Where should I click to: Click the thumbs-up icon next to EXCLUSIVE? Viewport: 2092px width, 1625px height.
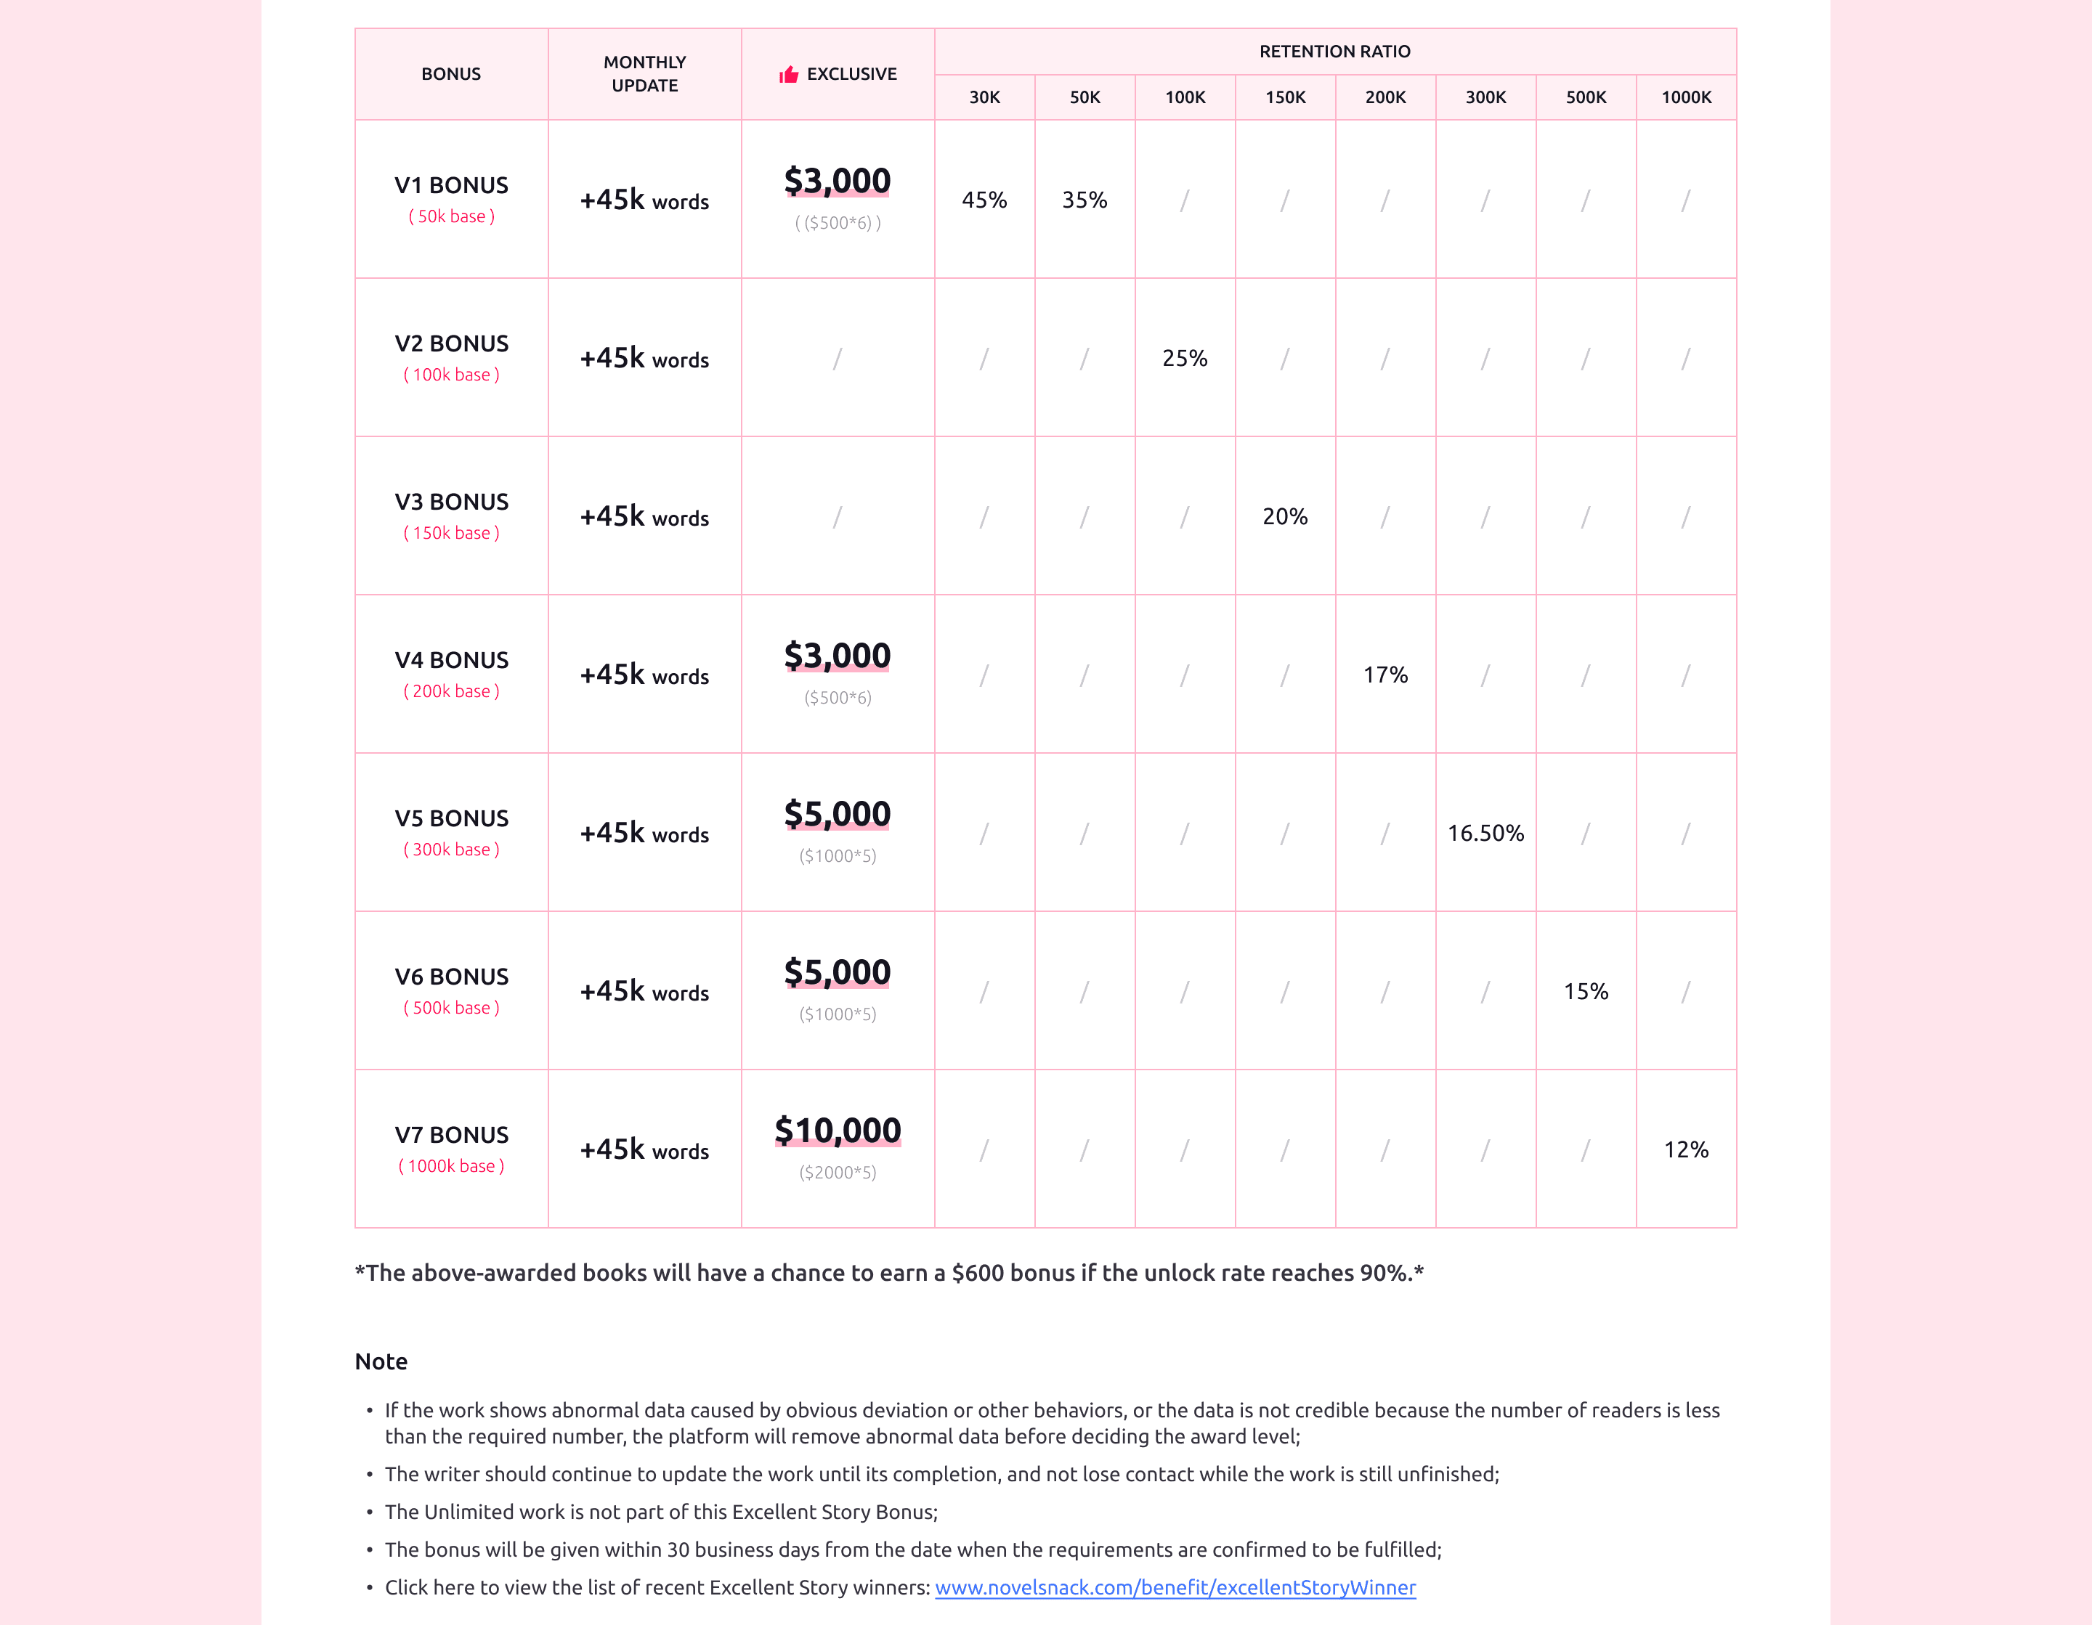tap(788, 75)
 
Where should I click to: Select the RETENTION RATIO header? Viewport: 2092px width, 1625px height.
tap(1334, 52)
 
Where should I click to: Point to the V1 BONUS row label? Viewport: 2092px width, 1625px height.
tap(451, 186)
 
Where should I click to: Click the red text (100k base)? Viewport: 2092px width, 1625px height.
tap(451, 375)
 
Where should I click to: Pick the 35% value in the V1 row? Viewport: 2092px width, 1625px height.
tap(1084, 200)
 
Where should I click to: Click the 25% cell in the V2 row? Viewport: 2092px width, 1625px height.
tap(1185, 358)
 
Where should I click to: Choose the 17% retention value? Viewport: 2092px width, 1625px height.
tap(1385, 675)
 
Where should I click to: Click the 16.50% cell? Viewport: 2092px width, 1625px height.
tap(1485, 833)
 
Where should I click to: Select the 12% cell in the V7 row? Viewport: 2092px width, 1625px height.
tap(1686, 1150)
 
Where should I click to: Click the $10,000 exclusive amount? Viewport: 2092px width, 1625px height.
tap(838, 1131)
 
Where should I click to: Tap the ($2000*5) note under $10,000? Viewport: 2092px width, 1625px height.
tap(838, 1173)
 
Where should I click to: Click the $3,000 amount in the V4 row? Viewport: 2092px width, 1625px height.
tap(838, 656)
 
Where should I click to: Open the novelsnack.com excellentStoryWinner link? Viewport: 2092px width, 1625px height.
tap(1175, 1588)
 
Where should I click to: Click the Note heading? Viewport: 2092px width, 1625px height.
tap(381, 1361)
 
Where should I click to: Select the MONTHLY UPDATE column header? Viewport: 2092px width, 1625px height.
tap(644, 74)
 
